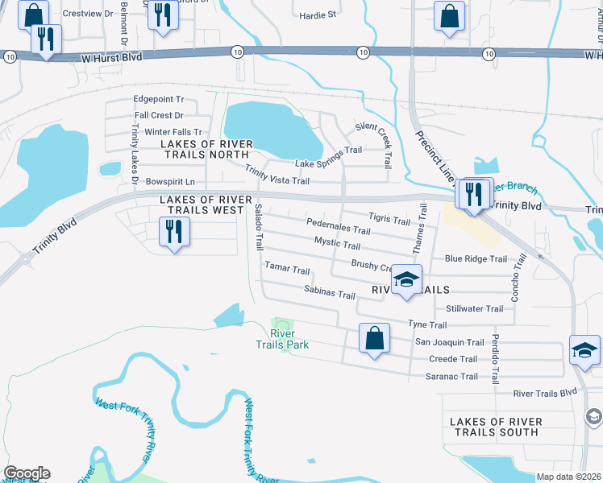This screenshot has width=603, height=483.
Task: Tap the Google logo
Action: [x=26, y=473]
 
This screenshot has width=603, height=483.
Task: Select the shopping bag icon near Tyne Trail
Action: [x=375, y=340]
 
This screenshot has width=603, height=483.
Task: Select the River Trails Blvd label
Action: [x=546, y=393]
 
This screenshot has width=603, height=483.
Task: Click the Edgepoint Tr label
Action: [x=159, y=101]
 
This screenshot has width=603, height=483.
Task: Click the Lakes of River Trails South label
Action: [x=494, y=427]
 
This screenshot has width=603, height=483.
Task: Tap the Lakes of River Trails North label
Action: [x=206, y=149]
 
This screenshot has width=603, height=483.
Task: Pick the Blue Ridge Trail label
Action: [x=476, y=259]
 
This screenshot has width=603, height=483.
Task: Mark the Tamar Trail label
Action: [x=287, y=268]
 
